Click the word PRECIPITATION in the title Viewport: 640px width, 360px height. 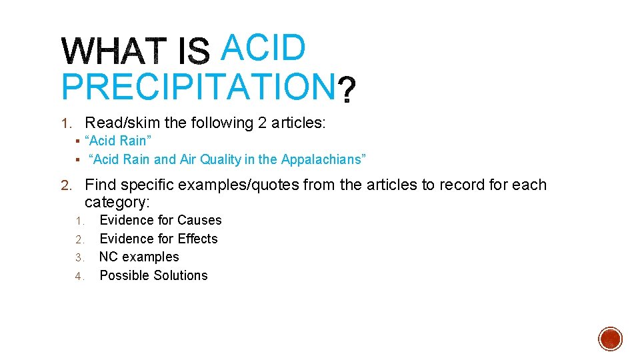197,87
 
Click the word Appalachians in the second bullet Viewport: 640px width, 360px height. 322,160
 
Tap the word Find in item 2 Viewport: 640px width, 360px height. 100,185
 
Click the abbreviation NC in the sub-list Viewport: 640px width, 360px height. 109,257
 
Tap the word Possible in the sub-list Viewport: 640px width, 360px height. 123,275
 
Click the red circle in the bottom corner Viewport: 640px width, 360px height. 611,339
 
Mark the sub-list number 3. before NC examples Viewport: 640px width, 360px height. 79,257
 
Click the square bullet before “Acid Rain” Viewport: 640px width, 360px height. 78,141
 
